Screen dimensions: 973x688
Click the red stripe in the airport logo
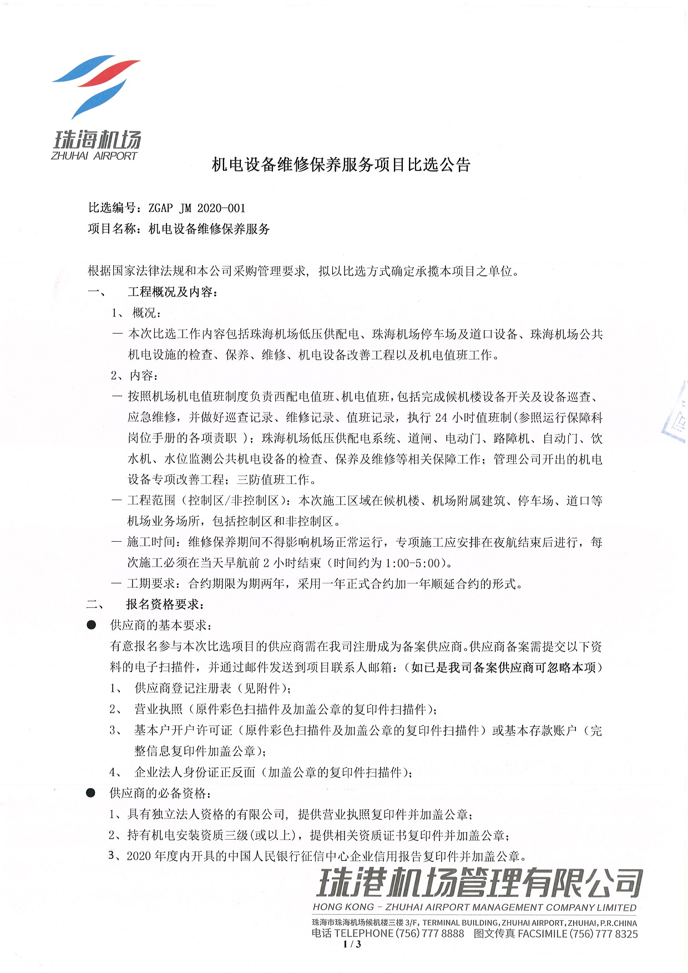pyautogui.click(x=108, y=72)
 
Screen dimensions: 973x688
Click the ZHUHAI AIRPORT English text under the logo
pyautogui.click(x=94, y=157)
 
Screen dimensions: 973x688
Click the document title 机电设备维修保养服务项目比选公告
pyautogui.click(x=341, y=165)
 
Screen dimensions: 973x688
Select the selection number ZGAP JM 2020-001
pyautogui.click(x=197, y=208)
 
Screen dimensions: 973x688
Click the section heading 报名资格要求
pyautogui.click(x=165, y=604)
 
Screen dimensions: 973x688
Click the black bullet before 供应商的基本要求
pyautogui.click(x=92, y=626)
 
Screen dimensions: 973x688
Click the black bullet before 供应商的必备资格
pyautogui.click(x=91, y=793)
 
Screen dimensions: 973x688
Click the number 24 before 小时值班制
pyautogui.click(x=442, y=417)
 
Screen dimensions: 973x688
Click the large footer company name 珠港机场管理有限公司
pyautogui.click(x=479, y=884)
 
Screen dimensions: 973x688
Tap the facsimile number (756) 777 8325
pyautogui.click(x=604, y=934)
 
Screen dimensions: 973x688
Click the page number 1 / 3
pyautogui.click(x=352, y=945)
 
